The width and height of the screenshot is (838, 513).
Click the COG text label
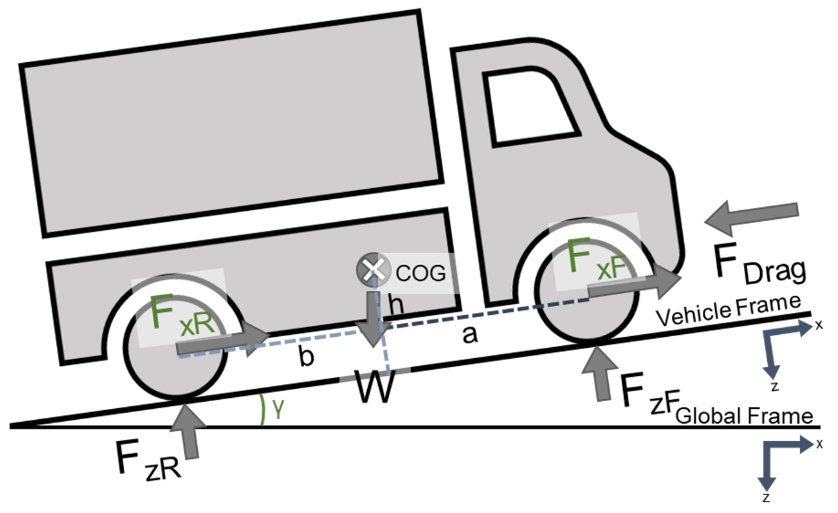[x=421, y=273]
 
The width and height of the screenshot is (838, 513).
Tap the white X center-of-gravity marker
[x=373, y=270]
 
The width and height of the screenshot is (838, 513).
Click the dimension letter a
[x=470, y=335]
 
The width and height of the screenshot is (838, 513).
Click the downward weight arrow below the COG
[x=374, y=320]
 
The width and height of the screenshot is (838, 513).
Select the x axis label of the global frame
[x=820, y=444]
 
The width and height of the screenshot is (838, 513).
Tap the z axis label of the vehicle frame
[x=775, y=387]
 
